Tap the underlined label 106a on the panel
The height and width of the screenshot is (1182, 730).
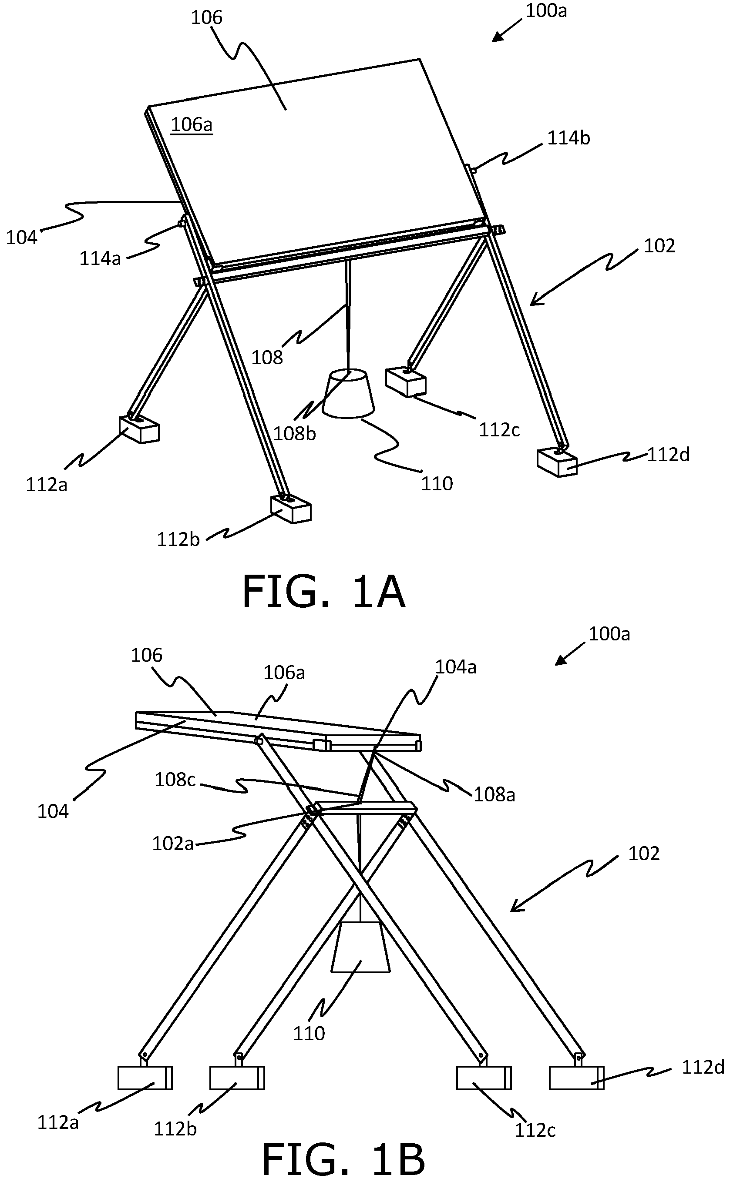coord(192,124)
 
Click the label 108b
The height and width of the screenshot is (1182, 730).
coord(295,434)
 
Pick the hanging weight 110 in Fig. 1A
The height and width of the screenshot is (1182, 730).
coord(348,393)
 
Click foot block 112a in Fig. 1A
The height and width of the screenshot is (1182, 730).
coord(139,429)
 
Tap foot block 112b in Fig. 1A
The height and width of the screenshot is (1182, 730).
coord(291,508)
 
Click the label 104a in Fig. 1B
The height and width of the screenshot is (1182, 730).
coord(456,667)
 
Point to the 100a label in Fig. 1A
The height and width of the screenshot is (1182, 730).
coord(545,10)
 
